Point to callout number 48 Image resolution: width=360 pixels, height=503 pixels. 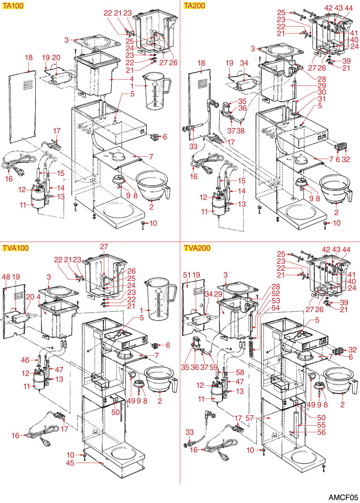(x=7, y=277)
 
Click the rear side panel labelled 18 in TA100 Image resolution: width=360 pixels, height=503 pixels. (x=23, y=105)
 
